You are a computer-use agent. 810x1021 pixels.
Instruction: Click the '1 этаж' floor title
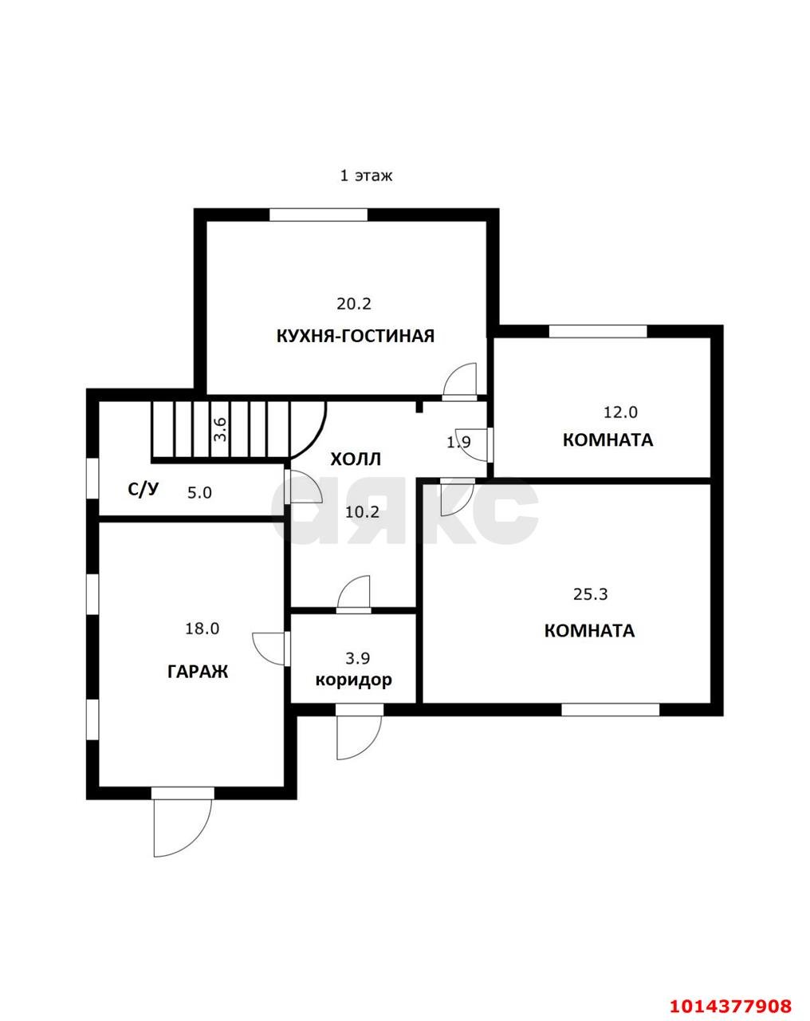pos(367,176)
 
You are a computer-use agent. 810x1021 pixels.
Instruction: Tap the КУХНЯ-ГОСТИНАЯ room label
pos(356,336)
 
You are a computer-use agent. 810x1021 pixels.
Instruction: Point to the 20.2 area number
pos(354,304)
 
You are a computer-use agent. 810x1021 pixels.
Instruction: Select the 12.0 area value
pos(620,412)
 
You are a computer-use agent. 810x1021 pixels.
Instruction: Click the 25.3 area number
pos(591,594)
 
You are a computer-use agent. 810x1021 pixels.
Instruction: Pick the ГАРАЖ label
pos(198,672)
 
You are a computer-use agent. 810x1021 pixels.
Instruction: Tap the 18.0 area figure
pos(202,629)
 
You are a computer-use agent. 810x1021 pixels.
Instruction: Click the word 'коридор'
pos(354,680)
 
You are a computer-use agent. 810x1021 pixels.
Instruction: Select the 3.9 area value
pos(358,658)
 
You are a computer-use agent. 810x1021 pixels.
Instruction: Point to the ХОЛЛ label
pos(356,459)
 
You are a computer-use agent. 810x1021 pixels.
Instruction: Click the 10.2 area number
pos(362,512)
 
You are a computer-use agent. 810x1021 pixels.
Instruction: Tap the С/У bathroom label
pos(144,489)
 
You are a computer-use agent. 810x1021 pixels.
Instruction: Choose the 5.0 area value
pos(199,493)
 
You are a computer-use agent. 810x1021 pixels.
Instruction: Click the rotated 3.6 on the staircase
pos(222,429)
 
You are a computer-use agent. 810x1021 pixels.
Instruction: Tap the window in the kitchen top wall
pos(319,215)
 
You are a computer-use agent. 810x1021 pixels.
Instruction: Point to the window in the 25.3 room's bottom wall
pos(611,710)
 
